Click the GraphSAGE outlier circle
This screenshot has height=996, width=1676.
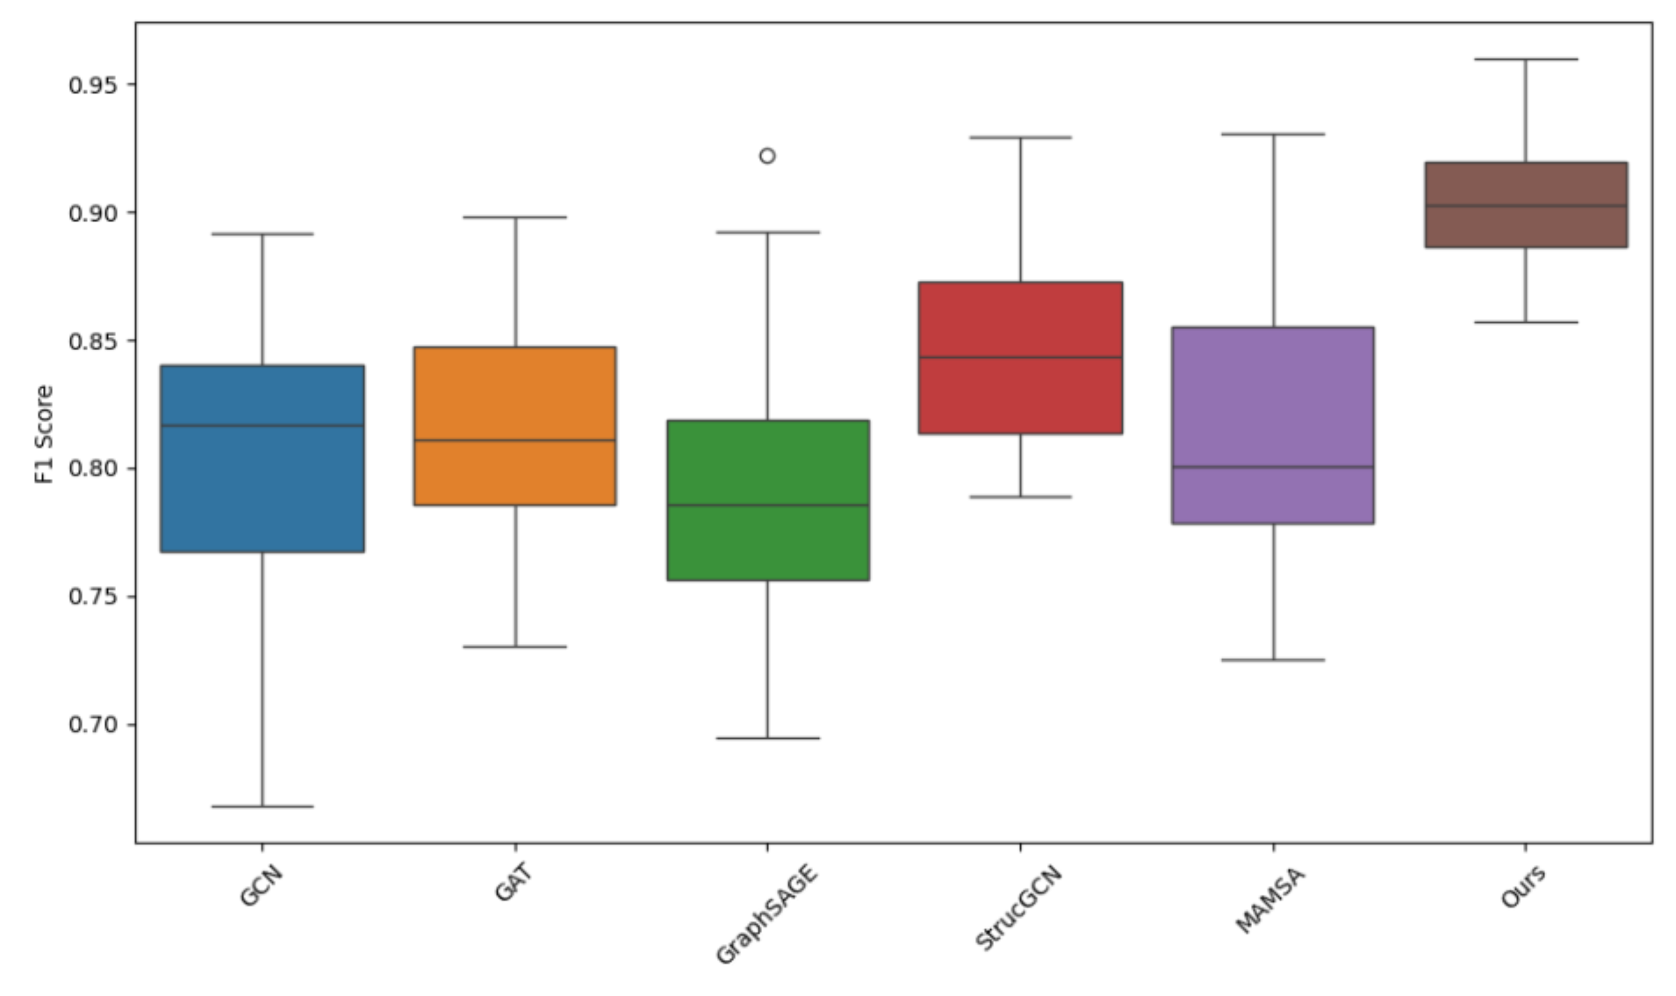tap(767, 156)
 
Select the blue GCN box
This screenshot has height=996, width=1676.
tap(262, 483)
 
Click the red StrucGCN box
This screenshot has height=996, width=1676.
tap(1020, 322)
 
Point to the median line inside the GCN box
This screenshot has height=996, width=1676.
tap(262, 425)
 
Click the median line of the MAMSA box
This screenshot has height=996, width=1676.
tap(1273, 466)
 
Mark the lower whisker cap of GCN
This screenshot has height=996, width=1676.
tap(262, 806)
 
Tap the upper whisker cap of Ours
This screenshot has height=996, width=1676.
tap(1525, 59)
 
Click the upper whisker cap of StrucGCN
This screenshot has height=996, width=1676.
tap(1020, 137)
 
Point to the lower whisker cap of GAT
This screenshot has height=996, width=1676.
tap(515, 647)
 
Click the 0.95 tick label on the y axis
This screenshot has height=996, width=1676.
tap(93, 85)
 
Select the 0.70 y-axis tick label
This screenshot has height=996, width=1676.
tap(93, 725)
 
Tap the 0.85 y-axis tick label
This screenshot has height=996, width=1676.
tap(93, 341)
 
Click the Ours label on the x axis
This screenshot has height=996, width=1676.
tap(1524, 887)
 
